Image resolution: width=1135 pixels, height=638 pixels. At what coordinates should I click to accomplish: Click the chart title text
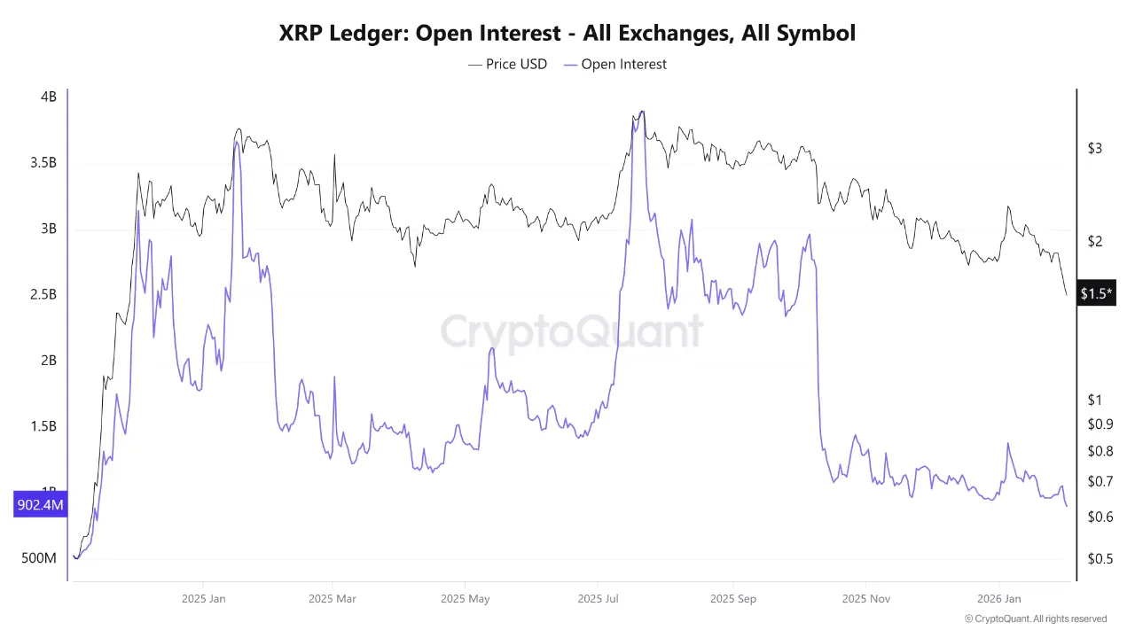tap(567, 34)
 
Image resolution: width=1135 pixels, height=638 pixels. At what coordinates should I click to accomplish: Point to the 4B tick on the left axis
tap(48, 97)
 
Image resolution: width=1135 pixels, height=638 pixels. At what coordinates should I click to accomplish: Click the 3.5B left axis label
tap(42, 163)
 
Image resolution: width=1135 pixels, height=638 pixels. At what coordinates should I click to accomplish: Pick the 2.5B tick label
tap(42, 294)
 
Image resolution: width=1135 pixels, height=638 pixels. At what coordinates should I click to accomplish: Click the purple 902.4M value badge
tap(40, 505)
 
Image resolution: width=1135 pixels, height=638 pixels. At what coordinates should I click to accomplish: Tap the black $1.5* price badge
tap(1096, 293)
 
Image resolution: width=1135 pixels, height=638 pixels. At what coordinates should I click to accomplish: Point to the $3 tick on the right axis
tap(1095, 148)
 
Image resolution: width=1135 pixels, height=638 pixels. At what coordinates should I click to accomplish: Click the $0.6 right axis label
tap(1100, 517)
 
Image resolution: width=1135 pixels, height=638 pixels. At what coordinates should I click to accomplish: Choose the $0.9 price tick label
tap(1100, 424)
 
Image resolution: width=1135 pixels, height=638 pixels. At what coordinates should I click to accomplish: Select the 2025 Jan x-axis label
tap(203, 598)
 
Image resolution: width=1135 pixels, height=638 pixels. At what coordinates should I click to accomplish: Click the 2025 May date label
tap(466, 598)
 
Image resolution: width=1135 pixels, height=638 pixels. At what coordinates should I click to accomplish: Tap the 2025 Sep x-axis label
tap(733, 598)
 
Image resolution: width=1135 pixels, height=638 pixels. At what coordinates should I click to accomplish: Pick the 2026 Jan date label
tap(998, 598)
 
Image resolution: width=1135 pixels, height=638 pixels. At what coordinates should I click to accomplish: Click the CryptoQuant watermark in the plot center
tap(572, 332)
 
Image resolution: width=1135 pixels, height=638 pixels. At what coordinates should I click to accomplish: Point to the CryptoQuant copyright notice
tap(1035, 619)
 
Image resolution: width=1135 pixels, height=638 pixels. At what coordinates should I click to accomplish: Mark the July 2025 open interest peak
tap(640, 113)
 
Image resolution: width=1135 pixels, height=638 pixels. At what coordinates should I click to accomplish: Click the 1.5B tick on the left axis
tap(42, 426)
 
